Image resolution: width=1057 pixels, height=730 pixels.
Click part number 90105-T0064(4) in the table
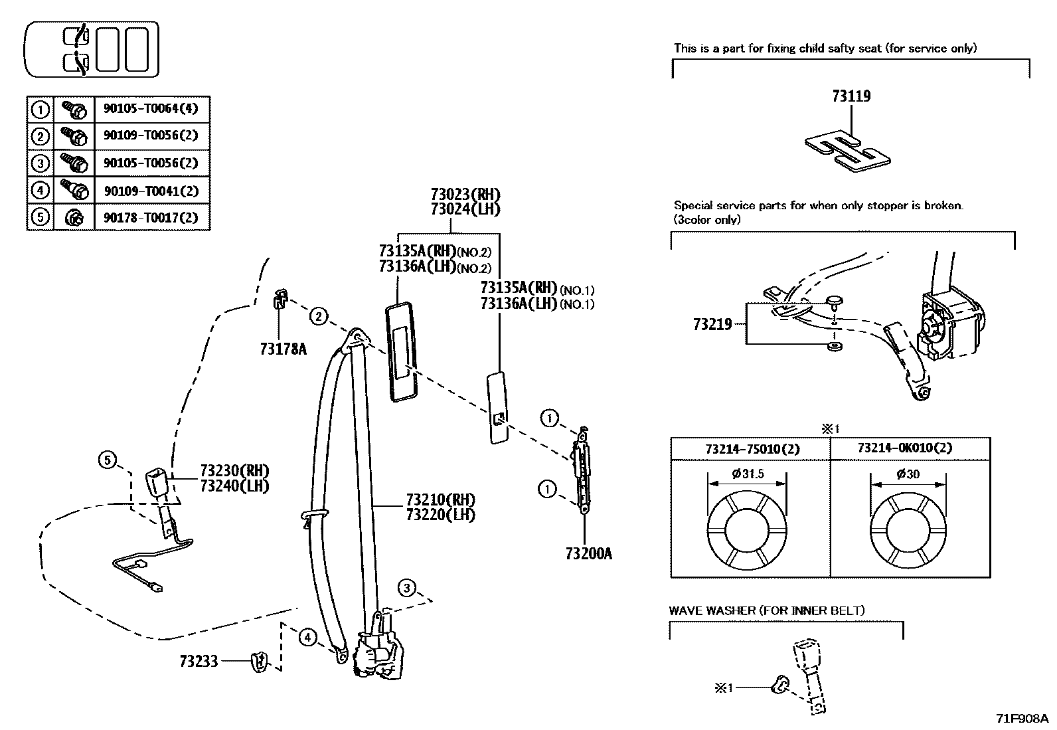[x=151, y=108]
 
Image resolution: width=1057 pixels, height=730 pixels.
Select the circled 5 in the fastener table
[x=41, y=218]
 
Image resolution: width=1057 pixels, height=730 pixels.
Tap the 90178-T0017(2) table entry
[x=151, y=218]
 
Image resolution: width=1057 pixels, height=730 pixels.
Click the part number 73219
[x=712, y=324]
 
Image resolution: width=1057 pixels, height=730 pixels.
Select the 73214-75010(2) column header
[x=752, y=448]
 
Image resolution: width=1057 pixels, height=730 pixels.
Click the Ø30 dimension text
[x=908, y=474]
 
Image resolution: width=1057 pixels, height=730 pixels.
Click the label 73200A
[x=589, y=553]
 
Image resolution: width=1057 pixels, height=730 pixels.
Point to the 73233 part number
[x=199, y=661]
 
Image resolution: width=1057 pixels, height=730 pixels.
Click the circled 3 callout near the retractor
[x=407, y=587]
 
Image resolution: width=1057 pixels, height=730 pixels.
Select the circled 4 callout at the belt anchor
[x=307, y=638]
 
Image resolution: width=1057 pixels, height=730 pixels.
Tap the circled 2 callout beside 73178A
[x=319, y=317]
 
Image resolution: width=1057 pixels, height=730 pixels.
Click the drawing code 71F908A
[x=1021, y=719]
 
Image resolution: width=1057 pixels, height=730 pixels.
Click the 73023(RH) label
[x=465, y=195]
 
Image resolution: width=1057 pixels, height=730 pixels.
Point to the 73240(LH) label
[x=235, y=486]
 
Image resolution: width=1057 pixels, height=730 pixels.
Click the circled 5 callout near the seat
[x=108, y=459]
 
